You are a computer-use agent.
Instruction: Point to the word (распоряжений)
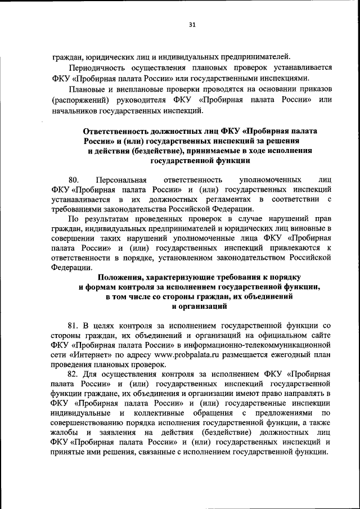click(x=79, y=100)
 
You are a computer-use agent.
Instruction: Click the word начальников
click(x=74, y=110)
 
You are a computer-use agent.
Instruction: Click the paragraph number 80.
click(x=74, y=179)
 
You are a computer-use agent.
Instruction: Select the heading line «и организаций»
click(x=200, y=307)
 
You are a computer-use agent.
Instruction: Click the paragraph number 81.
click(x=73, y=326)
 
